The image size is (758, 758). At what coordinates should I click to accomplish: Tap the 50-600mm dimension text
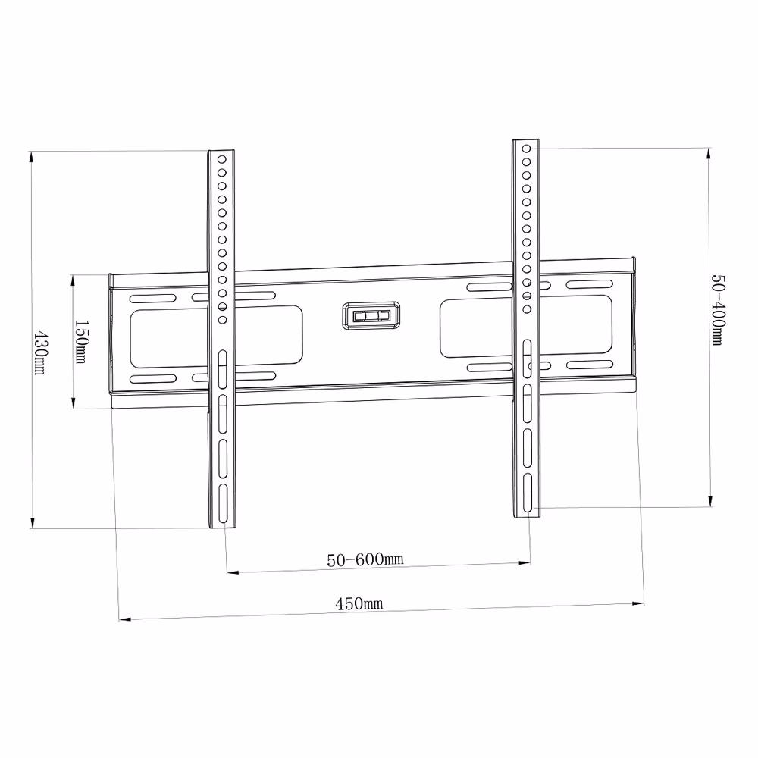[364, 559]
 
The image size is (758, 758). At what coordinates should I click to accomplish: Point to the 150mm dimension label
[80, 341]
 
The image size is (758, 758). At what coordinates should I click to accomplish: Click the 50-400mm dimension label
[717, 309]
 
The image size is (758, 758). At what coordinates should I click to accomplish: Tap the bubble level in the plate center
[371, 315]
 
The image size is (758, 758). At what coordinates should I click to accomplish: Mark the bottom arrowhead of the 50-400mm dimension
[709, 501]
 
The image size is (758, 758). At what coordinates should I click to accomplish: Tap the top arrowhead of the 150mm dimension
[73, 280]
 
